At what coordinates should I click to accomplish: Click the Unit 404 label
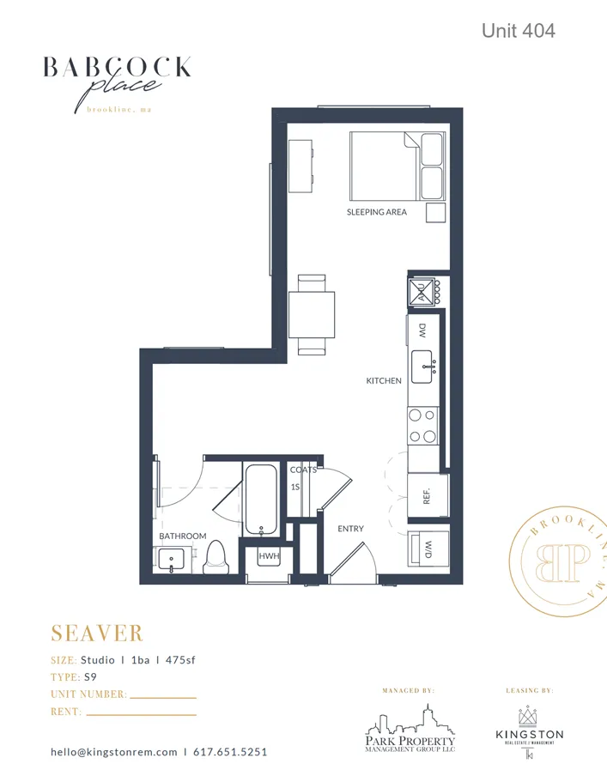518,31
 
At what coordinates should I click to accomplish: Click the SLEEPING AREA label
376,212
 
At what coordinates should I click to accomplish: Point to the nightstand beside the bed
436,213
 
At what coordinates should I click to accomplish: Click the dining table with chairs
312,314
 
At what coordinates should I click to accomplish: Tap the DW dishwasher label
422,330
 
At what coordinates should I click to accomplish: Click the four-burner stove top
422,425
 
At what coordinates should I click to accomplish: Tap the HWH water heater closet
269,557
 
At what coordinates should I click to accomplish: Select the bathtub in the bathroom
259,499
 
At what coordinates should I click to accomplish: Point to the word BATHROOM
183,536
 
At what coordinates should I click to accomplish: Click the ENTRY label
350,529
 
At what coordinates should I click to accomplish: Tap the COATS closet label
303,470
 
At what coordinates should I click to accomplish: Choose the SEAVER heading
97,633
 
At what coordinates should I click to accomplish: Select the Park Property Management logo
410,729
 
